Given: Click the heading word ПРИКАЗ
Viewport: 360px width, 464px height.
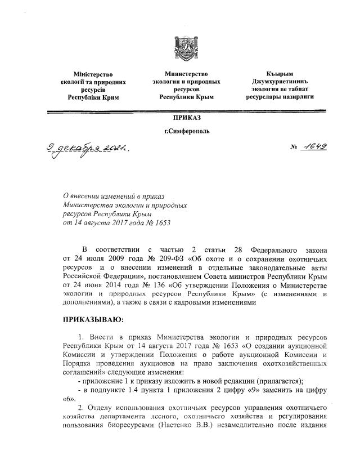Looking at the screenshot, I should pyautogui.click(x=186, y=119).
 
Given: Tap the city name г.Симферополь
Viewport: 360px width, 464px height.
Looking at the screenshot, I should pyautogui.click(x=186, y=132).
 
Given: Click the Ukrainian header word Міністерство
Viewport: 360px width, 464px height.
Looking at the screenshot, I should pyautogui.click(x=93, y=74).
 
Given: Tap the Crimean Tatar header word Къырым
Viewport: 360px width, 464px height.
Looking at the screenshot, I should pyautogui.click(x=279, y=74).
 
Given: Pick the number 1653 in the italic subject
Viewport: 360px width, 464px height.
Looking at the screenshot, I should pyautogui.click(x=160, y=222).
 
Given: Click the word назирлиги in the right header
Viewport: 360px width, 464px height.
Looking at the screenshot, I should pyautogui.click(x=298, y=97).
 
